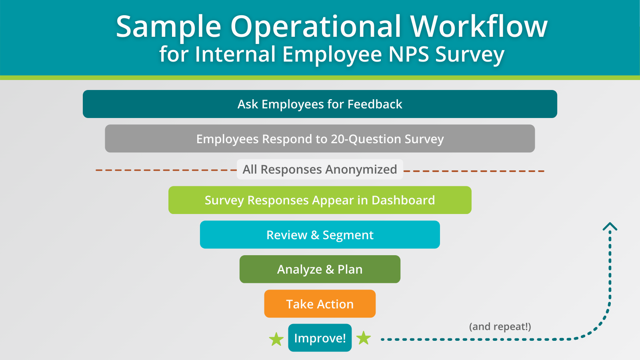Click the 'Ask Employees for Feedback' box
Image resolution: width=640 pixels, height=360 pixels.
coord(320,104)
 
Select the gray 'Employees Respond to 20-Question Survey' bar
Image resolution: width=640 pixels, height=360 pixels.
coord(320,138)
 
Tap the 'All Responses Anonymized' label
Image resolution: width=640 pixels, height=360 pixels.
coord(320,170)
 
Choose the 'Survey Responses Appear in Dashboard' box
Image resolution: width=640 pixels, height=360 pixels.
coord(320,200)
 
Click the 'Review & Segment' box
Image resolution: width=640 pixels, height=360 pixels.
coord(320,234)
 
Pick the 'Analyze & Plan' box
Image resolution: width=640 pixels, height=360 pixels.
coord(320,269)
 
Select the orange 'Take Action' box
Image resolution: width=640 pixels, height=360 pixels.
coord(320,304)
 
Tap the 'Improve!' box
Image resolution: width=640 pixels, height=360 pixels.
coord(320,338)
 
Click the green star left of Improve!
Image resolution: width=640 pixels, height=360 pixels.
coord(276,339)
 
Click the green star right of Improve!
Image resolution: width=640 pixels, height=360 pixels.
coord(364,338)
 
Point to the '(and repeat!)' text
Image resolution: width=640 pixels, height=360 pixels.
coord(500,326)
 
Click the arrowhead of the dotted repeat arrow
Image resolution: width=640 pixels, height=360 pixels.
coord(610,226)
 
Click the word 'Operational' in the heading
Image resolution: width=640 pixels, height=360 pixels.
coord(316,27)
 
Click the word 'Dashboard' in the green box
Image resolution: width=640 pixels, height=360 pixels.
coord(403,200)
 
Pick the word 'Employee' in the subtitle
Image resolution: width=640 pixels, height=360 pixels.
coord(332,55)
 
